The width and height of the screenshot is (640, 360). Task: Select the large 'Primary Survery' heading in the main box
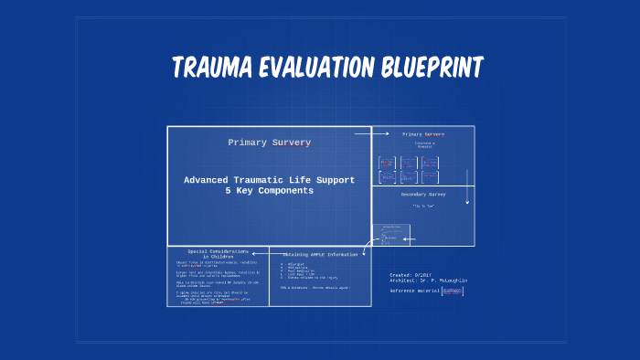click(269, 143)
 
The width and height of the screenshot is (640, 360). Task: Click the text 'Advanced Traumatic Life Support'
click(269, 180)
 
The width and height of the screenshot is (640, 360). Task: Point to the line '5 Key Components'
click(269, 191)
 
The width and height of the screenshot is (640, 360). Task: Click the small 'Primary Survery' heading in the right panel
click(422, 134)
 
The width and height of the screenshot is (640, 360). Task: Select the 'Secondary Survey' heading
click(423, 195)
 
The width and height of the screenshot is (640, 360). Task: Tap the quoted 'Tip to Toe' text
click(422, 206)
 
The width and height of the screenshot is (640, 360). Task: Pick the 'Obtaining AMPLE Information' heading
click(321, 254)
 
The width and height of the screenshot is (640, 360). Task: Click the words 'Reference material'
click(414, 291)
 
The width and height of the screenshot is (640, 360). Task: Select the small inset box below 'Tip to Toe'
click(384, 234)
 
